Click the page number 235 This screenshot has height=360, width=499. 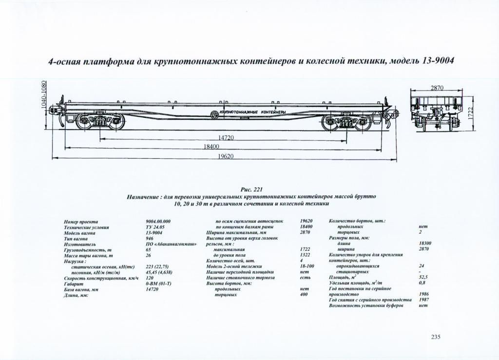pos(436,337)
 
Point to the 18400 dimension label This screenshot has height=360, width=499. pos(211,147)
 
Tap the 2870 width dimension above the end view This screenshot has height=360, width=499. pos(437,88)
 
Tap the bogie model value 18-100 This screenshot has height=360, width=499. pos(307,266)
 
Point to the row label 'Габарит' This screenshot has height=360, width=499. pos(74,284)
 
